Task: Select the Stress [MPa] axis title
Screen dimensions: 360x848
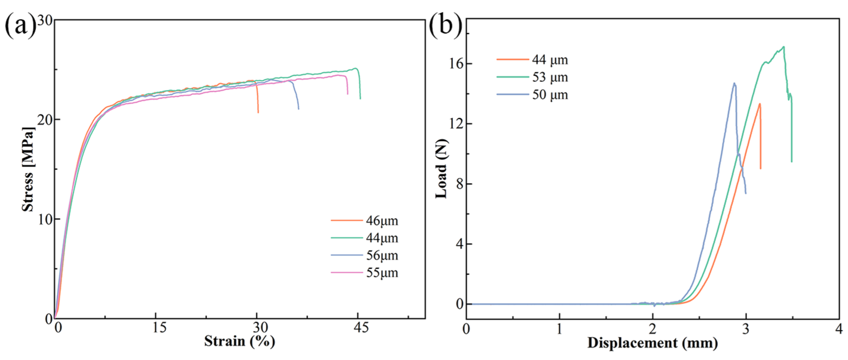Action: pyautogui.click(x=28, y=169)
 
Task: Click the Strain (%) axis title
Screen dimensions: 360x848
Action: pyautogui.click(x=239, y=342)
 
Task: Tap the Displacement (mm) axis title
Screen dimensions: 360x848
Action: pyautogui.click(x=652, y=343)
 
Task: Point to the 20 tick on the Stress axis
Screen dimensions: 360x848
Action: pyautogui.click(x=45, y=120)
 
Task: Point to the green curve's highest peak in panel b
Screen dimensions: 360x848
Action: pyautogui.click(x=784, y=47)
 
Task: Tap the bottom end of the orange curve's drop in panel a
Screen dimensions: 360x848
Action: pyautogui.click(x=258, y=113)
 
